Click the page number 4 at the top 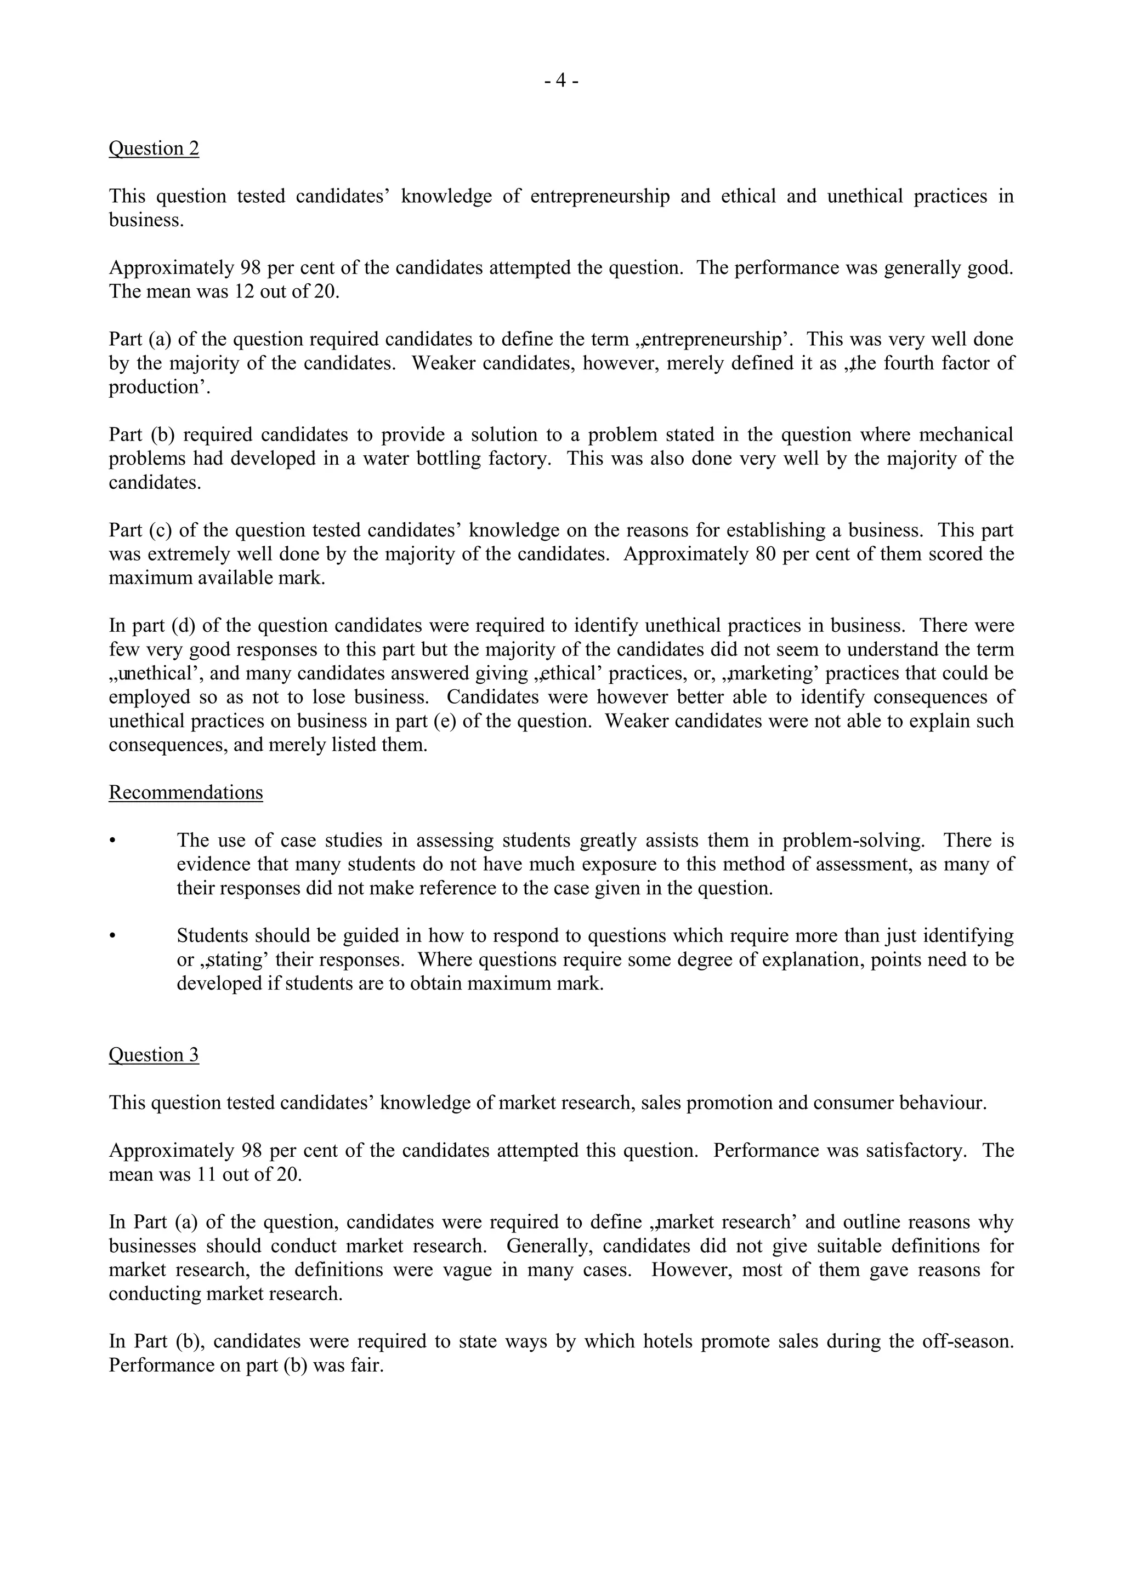pos(561,81)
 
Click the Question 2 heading pos(154,148)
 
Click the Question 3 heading pos(154,1055)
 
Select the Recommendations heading pos(185,792)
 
